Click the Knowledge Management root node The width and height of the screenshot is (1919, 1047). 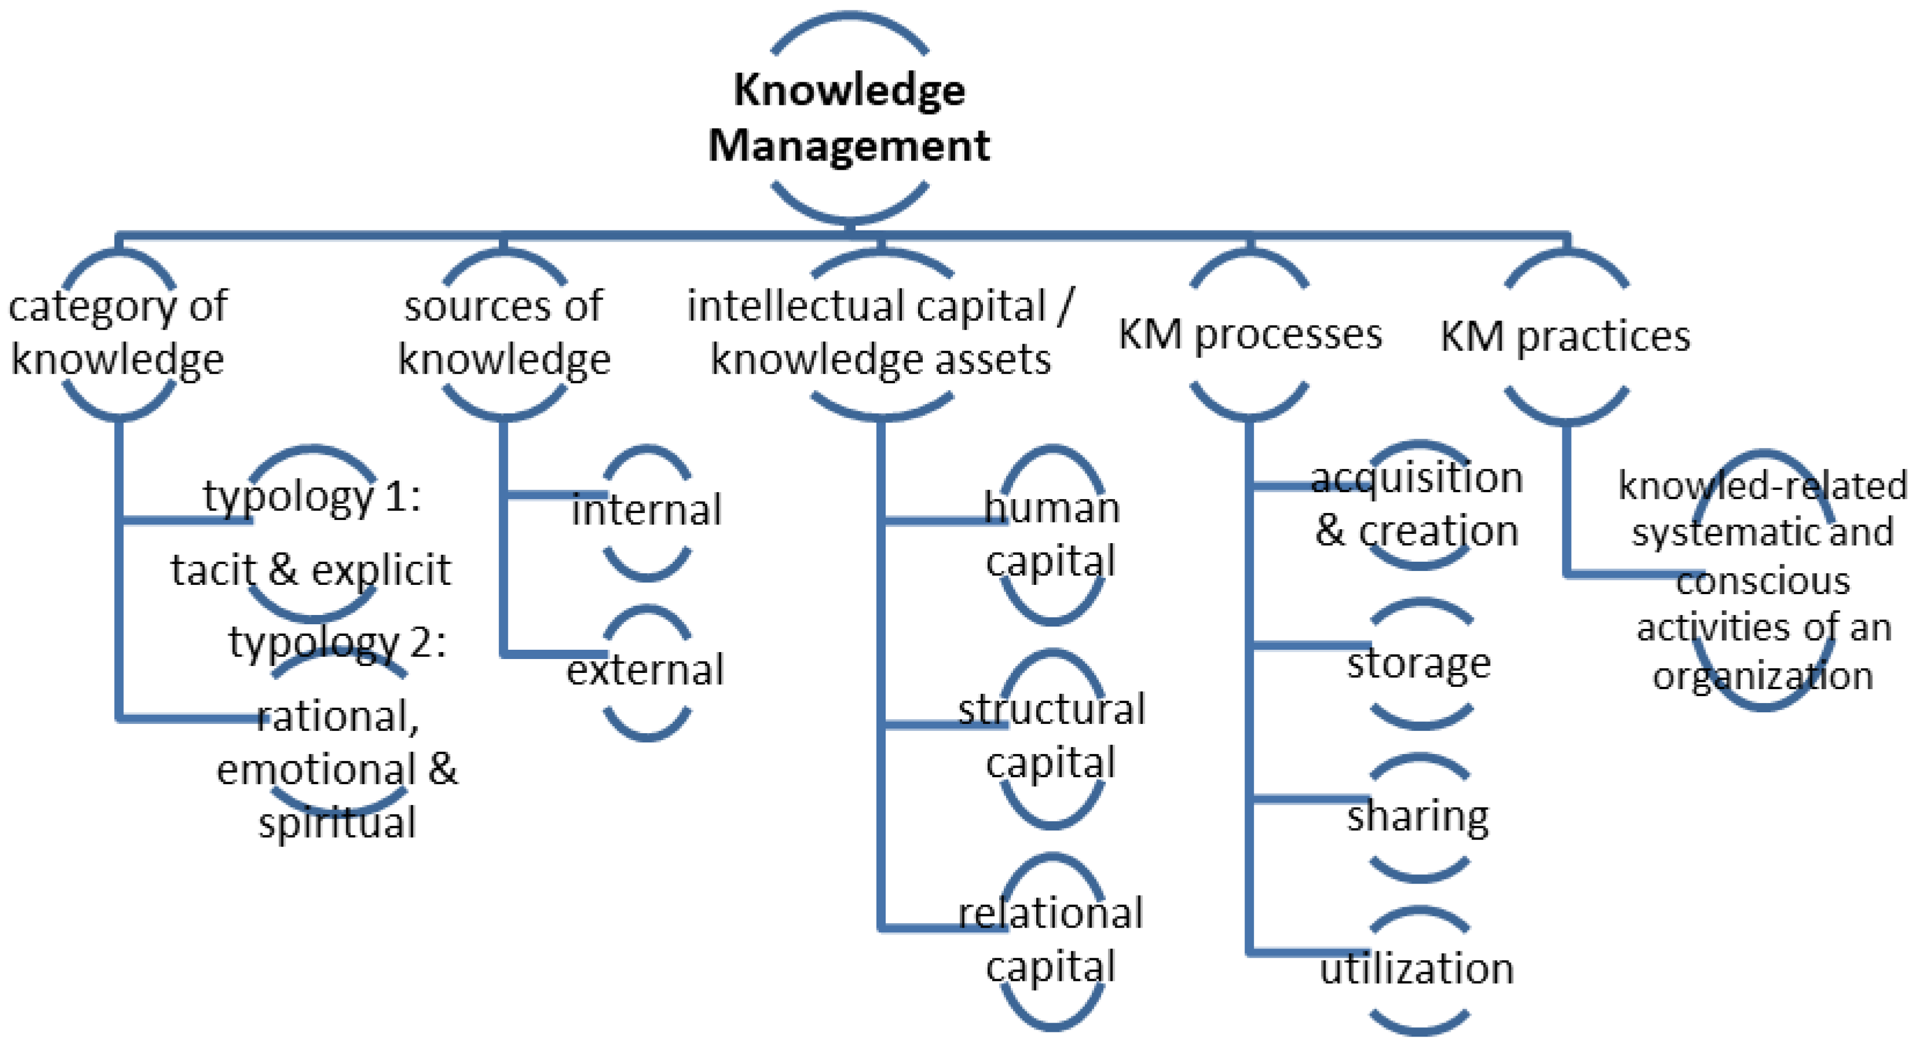pos(849,117)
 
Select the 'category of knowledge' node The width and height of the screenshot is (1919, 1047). pos(118,332)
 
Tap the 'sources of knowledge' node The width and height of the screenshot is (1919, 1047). pos(504,332)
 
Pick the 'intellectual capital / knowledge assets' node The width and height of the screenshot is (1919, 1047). pos(880,332)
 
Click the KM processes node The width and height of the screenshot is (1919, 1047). pos(1250,334)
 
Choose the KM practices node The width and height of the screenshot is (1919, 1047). pos(1566,336)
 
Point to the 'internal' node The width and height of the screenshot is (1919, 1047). pos(647,510)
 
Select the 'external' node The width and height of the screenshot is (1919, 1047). pos(645,670)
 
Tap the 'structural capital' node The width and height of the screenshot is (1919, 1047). pos(1051,736)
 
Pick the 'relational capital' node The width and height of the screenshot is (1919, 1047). pos(1051,940)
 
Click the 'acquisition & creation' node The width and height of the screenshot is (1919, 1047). pos(1417,504)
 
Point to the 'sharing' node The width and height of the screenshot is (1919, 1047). pos(1418,816)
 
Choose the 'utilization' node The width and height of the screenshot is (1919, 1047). pos(1417,969)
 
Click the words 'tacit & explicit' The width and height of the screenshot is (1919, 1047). pos(311,570)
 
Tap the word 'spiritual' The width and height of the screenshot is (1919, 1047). pos(337,823)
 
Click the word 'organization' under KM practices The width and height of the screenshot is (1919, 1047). pos(1763,676)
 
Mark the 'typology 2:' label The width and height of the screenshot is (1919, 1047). pos(337,642)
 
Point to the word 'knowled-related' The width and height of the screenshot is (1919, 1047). pos(1763,486)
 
